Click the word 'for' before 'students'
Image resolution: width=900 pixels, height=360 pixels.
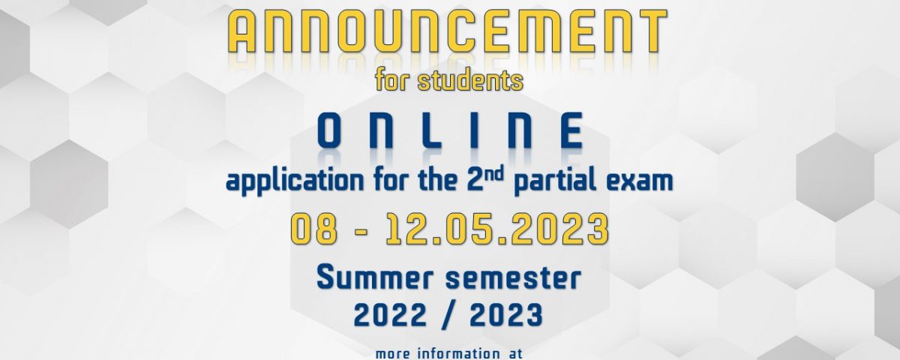(392, 80)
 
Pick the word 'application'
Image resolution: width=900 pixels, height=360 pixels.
(295, 181)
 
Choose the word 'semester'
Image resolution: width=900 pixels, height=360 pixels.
(513, 279)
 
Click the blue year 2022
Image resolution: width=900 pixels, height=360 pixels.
(390, 315)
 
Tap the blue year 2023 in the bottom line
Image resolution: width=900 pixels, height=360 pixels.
(506, 315)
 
